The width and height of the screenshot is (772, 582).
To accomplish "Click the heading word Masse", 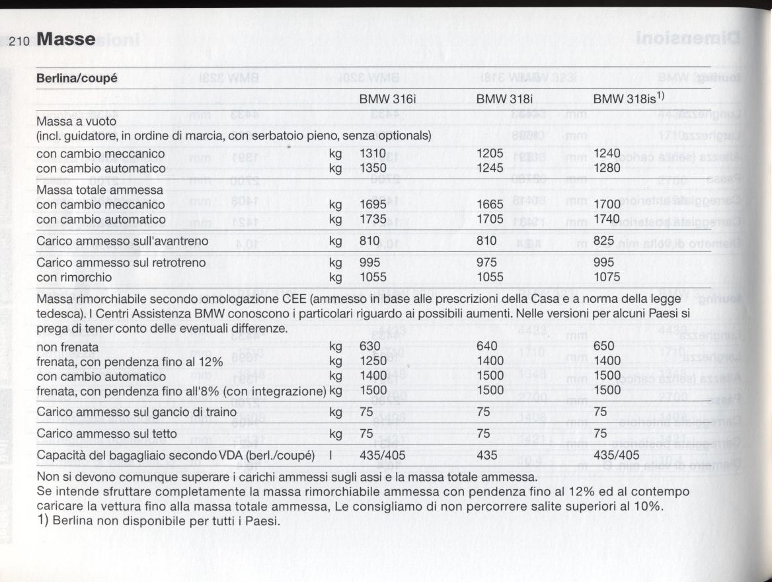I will point(66,40).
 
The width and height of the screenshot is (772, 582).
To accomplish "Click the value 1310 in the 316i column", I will point(372,153).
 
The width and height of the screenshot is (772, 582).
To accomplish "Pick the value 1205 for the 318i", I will point(490,153).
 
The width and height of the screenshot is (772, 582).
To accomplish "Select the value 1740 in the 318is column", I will point(607,219).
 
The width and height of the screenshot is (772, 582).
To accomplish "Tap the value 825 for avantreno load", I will point(604,241).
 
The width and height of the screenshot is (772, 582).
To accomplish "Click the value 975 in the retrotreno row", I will point(486,263).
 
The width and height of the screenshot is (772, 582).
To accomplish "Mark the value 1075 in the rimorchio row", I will point(607,277).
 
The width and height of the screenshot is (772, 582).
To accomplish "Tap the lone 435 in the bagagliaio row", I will point(486,455).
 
